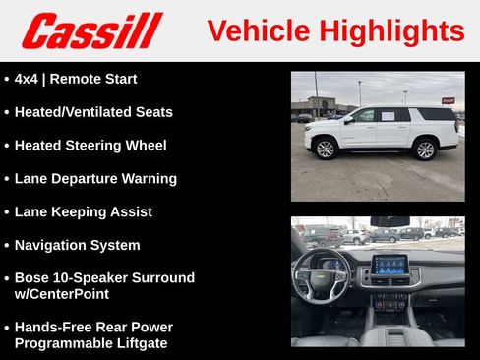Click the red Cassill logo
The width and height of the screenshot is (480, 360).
91,30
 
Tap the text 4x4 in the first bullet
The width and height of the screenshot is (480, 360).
28,79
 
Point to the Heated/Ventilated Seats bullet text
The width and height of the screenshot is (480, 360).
93,112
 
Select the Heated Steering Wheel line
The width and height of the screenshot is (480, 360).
90,146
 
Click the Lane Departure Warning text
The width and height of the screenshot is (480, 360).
95,179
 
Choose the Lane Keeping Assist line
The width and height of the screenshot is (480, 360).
84,211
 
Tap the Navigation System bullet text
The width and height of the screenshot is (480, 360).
78,245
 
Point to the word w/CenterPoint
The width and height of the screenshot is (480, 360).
62,294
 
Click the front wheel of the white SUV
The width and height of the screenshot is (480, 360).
325,149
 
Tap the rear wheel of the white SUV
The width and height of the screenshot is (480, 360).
424,149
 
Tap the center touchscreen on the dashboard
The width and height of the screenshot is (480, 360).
390,265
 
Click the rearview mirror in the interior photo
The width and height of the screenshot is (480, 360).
390,221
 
